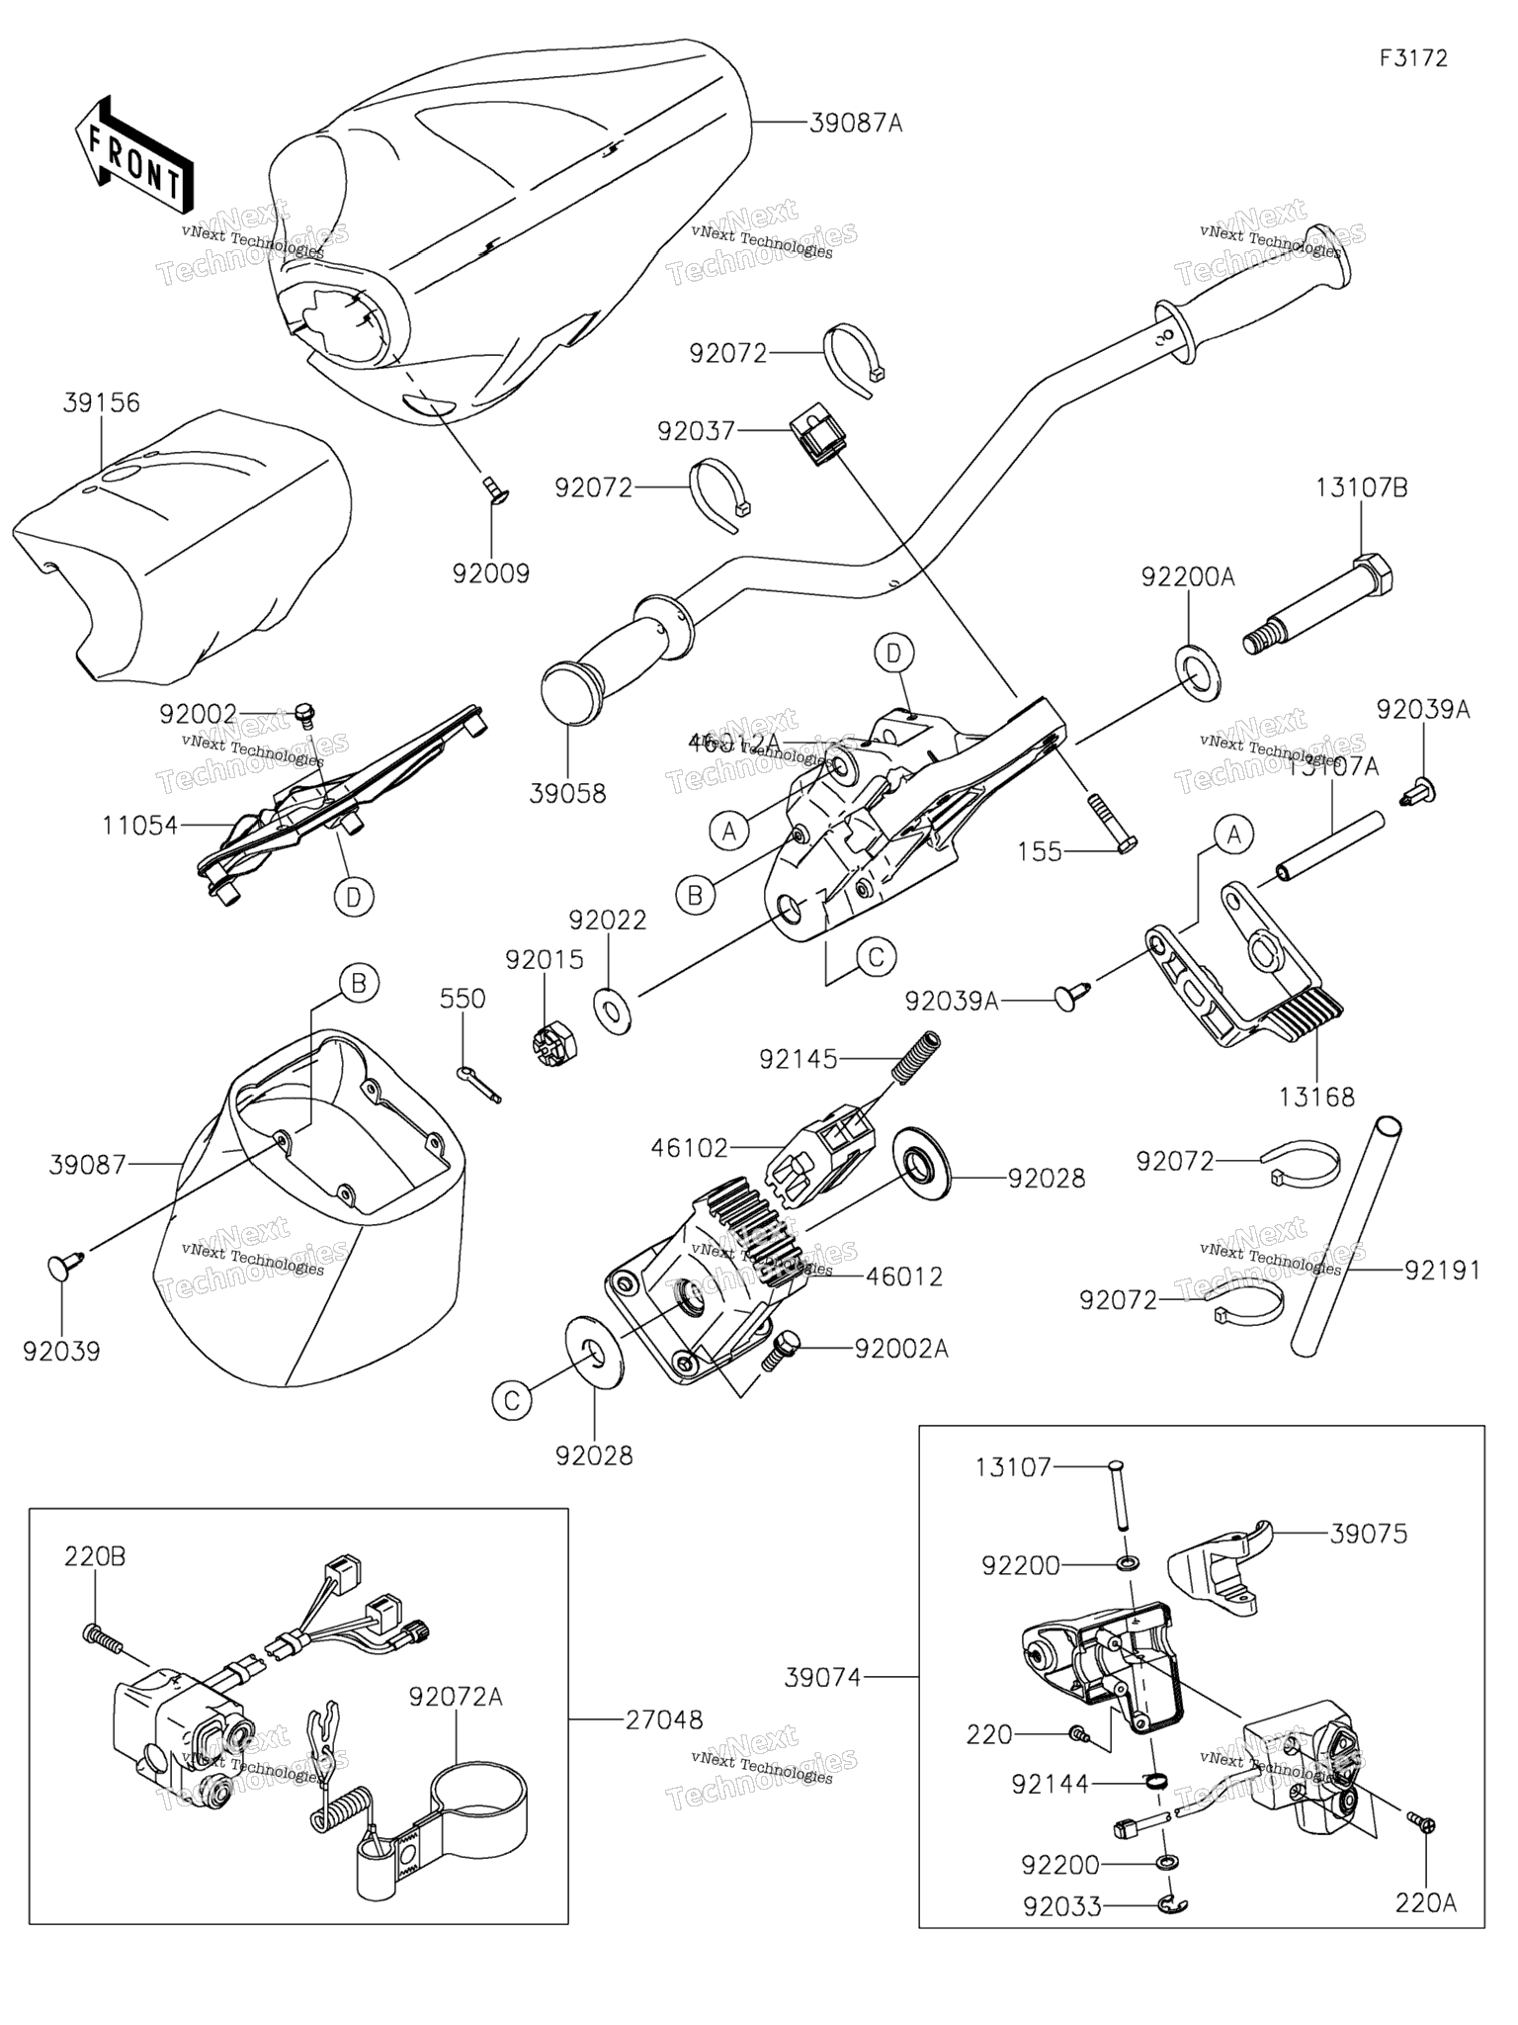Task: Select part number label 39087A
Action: tap(856, 124)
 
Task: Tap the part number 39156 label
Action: tap(102, 403)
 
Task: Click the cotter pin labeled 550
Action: tap(480, 1084)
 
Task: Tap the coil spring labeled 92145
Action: tap(916, 1056)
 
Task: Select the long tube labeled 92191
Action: tap(1346, 1237)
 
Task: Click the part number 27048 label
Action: tap(664, 1720)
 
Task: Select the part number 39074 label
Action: tap(823, 1677)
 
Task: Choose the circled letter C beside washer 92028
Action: tap(512, 1400)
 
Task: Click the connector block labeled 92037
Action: tap(816, 438)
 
